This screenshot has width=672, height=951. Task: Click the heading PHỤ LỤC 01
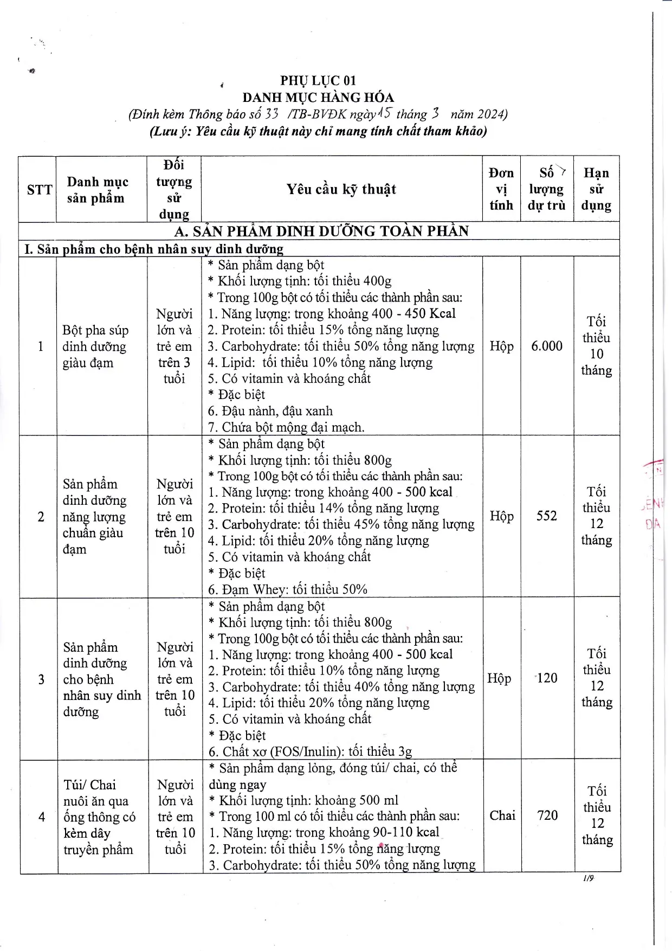pyautogui.click(x=318, y=81)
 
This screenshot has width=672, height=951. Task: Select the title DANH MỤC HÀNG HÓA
pyautogui.click(x=318, y=98)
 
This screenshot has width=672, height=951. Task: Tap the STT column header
pyautogui.click(x=40, y=189)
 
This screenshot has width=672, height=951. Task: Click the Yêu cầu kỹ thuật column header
pyautogui.click(x=341, y=189)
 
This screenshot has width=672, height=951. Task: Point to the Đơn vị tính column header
pyautogui.click(x=501, y=189)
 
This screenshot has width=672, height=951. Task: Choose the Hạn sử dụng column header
pyautogui.click(x=596, y=189)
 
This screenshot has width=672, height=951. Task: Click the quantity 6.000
pyautogui.click(x=547, y=346)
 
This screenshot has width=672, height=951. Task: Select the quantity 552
pyautogui.click(x=547, y=516)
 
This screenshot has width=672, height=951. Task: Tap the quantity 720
pyautogui.click(x=547, y=815)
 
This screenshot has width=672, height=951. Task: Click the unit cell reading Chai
pyautogui.click(x=502, y=815)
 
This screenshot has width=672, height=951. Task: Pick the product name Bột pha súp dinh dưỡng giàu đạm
pyautogui.click(x=95, y=346)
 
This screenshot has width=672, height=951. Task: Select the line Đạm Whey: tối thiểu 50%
pyautogui.click(x=288, y=589)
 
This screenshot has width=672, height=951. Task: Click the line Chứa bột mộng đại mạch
pyautogui.click(x=286, y=427)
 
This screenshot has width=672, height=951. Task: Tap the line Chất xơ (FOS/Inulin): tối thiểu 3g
pyautogui.click(x=311, y=751)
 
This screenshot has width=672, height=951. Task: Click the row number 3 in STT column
pyautogui.click(x=41, y=679)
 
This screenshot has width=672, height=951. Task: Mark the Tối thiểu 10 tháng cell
pyautogui.click(x=596, y=346)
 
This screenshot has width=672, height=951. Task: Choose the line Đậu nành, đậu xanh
pyautogui.click(x=270, y=411)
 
